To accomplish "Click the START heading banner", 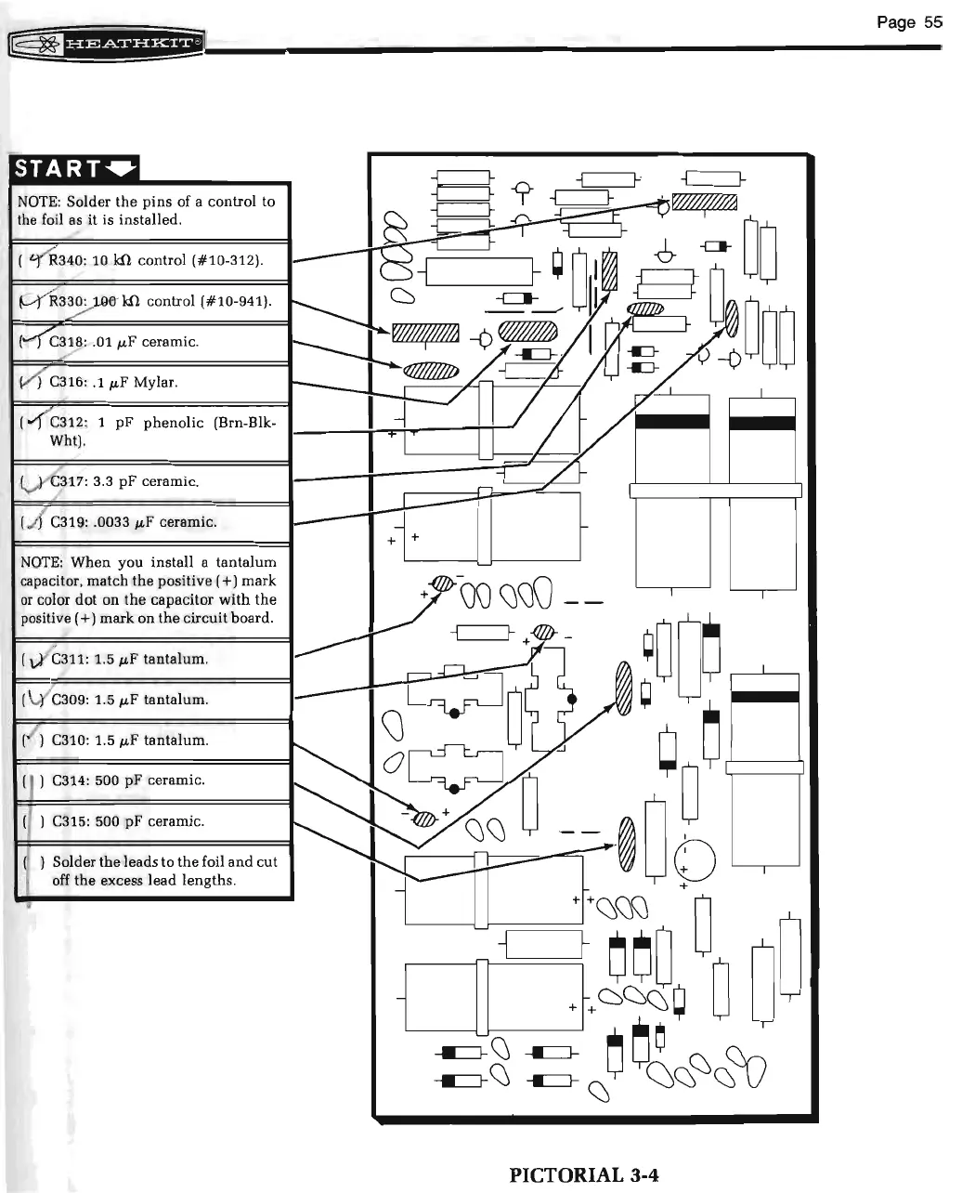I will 73,168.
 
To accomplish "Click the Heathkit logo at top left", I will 106,43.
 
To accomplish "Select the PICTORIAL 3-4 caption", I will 584,1174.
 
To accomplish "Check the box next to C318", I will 29,341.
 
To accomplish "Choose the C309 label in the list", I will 70,700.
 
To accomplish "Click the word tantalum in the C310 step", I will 175,741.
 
